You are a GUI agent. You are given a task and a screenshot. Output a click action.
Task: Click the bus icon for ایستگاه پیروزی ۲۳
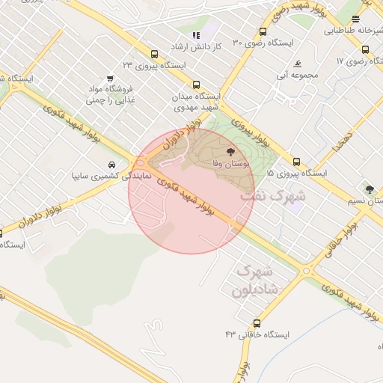[x=154, y=54]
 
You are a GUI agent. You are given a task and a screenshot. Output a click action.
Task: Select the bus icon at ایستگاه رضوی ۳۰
[x=263, y=32]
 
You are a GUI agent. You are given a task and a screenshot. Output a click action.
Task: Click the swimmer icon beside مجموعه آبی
[x=298, y=64]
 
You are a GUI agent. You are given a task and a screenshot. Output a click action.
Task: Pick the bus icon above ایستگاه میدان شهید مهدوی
[x=196, y=85]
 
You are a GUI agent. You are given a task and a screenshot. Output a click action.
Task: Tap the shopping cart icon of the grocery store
[x=111, y=77]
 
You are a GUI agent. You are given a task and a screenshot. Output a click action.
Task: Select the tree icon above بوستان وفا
[x=229, y=151]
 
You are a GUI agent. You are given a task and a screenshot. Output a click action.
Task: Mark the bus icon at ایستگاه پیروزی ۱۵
[x=297, y=162]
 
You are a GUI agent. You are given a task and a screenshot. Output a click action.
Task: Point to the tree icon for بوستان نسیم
[x=369, y=188]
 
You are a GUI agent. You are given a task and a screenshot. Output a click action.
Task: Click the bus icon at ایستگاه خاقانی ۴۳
[x=257, y=324]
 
